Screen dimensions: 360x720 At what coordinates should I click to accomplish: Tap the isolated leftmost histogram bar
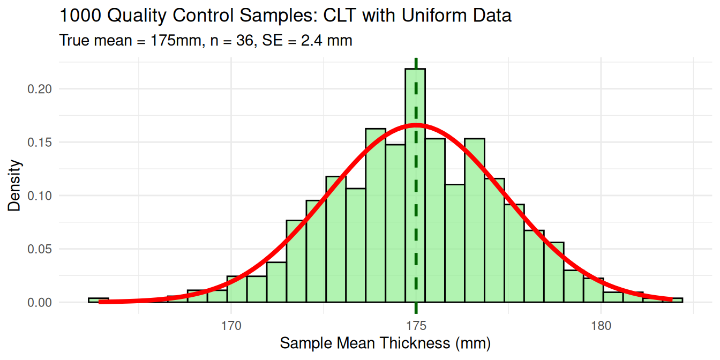pos(99,300)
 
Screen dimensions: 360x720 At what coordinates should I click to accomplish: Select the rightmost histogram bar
pos(672,300)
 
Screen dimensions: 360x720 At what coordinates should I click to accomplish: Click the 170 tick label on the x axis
pos(231,326)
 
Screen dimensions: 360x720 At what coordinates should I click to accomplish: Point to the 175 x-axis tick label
pos(416,326)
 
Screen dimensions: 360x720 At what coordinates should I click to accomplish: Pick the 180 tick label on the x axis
pos(601,326)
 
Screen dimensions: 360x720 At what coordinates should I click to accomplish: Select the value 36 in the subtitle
pos(242,40)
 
